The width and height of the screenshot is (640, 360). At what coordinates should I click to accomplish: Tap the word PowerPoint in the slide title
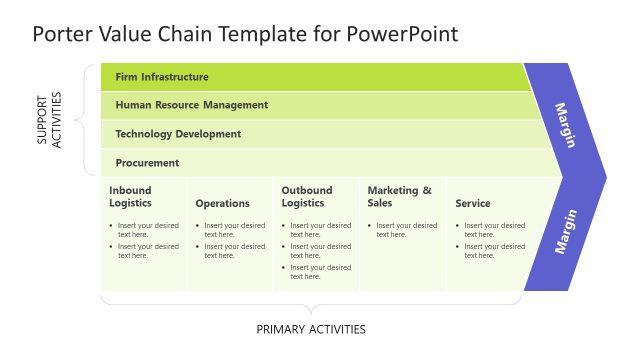[403, 34]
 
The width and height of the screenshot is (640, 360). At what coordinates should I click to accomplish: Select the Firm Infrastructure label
[162, 76]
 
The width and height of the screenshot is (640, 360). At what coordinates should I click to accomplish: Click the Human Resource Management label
[191, 104]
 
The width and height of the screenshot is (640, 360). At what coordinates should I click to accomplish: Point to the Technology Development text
[178, 133]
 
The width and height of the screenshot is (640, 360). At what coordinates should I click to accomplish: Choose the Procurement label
[147, 162]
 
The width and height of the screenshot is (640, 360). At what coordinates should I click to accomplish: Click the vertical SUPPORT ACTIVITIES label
[49, 120]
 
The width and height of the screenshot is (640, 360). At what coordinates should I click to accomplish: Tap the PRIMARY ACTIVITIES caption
[311, 329]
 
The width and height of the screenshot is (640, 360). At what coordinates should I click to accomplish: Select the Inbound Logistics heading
[131, 196]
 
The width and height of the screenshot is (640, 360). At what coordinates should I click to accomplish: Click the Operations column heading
[222, 203]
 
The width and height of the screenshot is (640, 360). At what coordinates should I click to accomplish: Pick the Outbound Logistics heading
[307, 196]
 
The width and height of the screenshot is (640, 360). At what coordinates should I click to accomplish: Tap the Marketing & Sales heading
[399, 196]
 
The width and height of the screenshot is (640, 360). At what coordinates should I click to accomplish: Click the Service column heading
[473, 203]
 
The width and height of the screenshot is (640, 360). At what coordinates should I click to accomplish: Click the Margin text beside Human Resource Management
[565, 125]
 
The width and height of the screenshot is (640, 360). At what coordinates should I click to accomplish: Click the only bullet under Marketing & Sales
[406, 229]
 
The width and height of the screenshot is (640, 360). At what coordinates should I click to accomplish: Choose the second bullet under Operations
[234, 250]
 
